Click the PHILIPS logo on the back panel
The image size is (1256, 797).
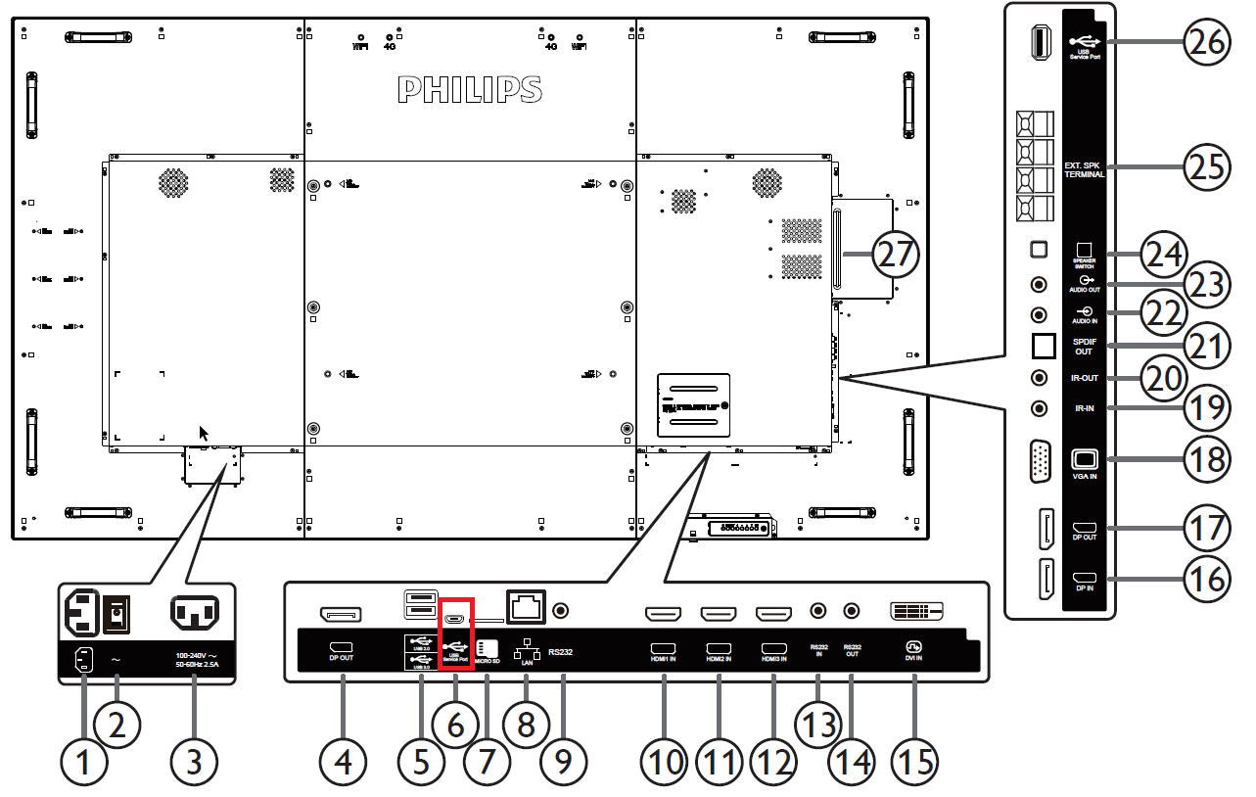click(470, 90)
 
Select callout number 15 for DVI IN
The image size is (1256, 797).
click(915, 760)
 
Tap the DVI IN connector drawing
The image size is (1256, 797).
click(917, 612)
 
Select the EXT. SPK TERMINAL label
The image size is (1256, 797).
click(1085, 168)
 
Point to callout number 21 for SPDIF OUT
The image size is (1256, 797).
click(1205, 346)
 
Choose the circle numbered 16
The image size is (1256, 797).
click(1205, 578)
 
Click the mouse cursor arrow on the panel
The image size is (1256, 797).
click(204, 433)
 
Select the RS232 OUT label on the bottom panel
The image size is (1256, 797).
click(852, 650)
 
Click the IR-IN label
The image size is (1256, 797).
click(1084, 408)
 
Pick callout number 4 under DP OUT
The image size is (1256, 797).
click(343, 760)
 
